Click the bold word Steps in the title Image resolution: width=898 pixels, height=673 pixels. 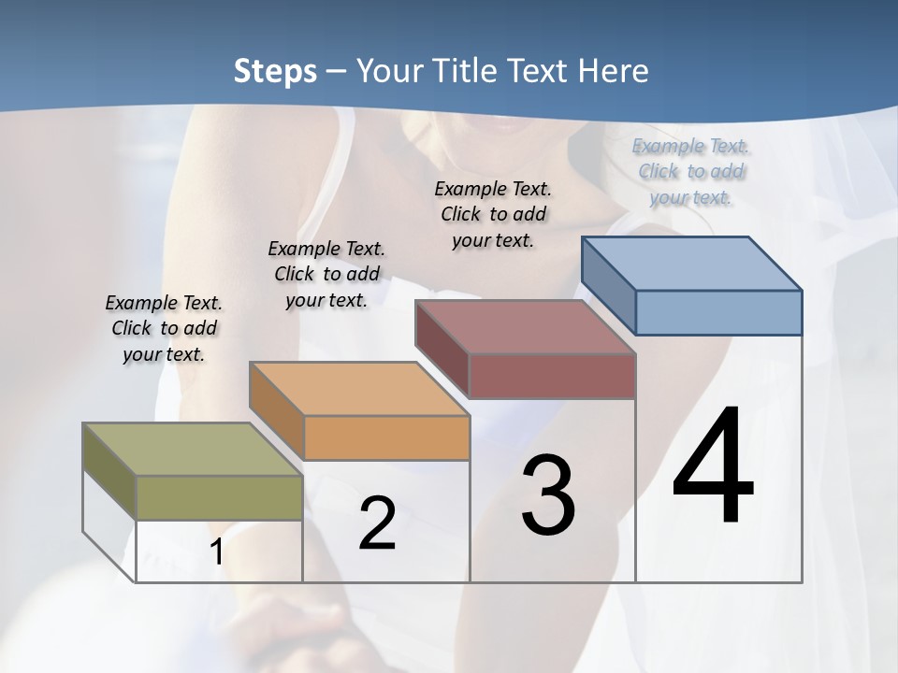click(x=275, y=71)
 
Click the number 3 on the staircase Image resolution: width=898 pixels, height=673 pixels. click(x=548, y=495)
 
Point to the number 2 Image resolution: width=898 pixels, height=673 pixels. click(x=377, y=523)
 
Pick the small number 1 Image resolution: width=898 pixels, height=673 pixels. click(x=216, y=552)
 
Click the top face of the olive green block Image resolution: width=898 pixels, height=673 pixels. click(x=192, y=450)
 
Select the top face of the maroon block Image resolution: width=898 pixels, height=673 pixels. click(x=525, y=327)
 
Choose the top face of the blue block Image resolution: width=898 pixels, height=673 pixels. click(x=691, y=264)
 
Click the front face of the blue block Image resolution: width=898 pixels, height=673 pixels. click(x=718, y=312)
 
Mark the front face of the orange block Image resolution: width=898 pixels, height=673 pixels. click(x=386, y=437)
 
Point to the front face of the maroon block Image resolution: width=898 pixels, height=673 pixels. click(x=552, y=376)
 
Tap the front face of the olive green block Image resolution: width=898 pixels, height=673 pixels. click(x=219, y=497)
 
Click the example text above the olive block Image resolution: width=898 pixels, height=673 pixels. click(x=164, y=328)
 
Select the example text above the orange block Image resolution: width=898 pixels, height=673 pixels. click(x=326, y=274)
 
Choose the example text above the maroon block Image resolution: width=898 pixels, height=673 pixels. click(x=493, y=214)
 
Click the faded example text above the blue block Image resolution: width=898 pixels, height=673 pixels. click(x=690, y=171)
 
